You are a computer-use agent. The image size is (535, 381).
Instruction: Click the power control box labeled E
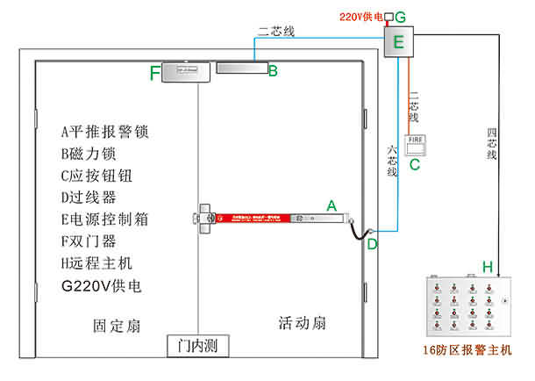(x=399, y=42)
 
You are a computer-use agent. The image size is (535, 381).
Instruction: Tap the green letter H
(x=487, y=266)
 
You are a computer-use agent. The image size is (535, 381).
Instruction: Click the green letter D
(x=372, y=244)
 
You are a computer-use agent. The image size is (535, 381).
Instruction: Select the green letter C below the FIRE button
(x=415, y=163)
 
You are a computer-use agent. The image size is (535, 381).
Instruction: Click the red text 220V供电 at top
(x=359, y=16)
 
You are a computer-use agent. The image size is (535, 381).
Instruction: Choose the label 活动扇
(x=302, y=324)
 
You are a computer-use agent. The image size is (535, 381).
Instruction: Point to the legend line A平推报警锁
(x=104, y=133)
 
